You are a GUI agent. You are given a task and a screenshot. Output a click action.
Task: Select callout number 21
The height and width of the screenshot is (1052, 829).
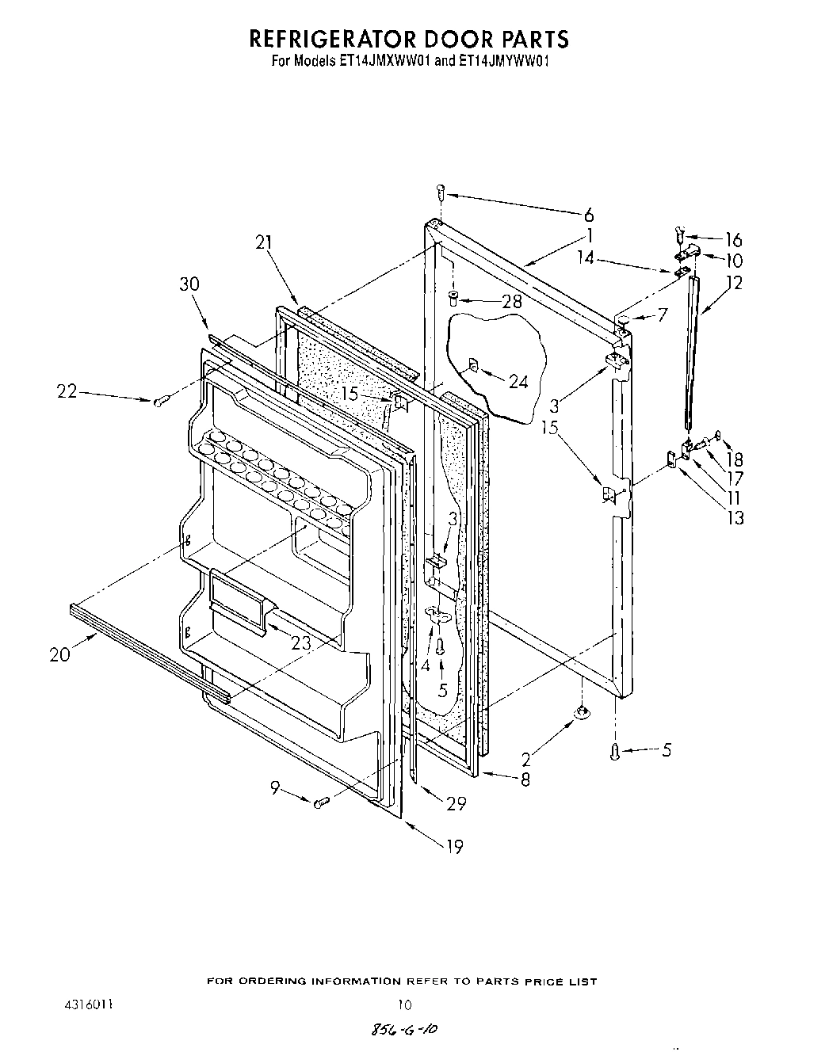click(x=263, y=246)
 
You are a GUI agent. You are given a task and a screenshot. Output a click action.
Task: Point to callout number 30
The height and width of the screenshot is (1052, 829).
click(x=190, y=284)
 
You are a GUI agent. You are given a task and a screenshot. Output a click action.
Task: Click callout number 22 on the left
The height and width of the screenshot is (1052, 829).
click(x=67, y=391)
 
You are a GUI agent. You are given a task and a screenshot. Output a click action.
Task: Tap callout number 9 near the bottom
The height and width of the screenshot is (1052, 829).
click(x=274, y=787)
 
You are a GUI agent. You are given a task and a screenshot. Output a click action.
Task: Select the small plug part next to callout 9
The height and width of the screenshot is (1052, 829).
click(x=321, y=803)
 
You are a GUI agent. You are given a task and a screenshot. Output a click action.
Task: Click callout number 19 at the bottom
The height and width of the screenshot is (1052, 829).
click(x=453, y=847)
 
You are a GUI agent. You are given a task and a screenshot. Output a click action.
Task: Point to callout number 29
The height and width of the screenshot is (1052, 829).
click(x=456, y=803)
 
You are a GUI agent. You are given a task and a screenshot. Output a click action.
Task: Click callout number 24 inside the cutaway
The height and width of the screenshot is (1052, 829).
click(x=518, y=381)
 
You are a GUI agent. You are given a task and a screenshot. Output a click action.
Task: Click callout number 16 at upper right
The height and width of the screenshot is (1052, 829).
click(x=733, y=240)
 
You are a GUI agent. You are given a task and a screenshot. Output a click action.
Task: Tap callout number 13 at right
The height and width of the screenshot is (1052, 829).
click(x=735, y=518)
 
